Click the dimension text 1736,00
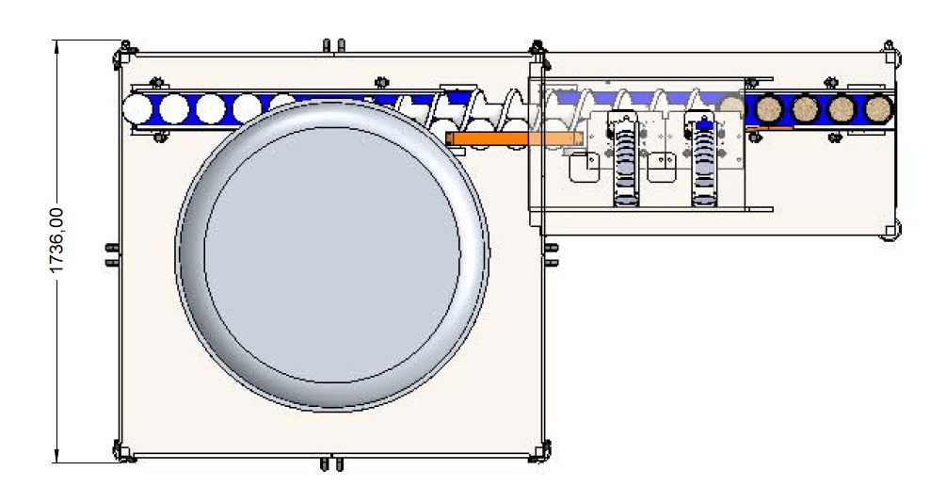point(56,240)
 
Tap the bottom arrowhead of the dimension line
point(56,456)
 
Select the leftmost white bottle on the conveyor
point(137,109)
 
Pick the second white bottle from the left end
point(174,109)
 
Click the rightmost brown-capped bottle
point(878,108)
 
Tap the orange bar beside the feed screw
point(514,139)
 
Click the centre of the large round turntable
point(332,254)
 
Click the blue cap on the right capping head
point(704,125)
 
